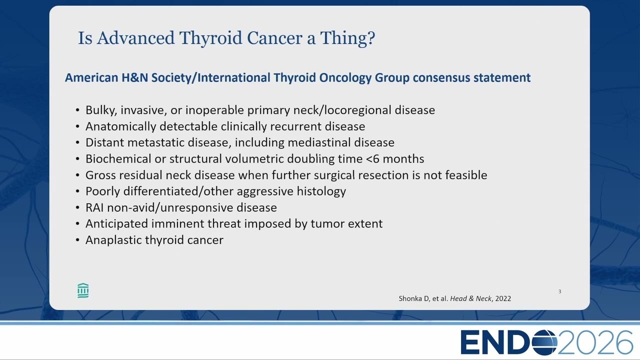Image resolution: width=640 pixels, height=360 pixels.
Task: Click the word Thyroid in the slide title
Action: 211,38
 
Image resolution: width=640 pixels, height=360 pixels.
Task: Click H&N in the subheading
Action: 135,77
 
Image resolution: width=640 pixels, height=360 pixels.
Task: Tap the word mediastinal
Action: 319,142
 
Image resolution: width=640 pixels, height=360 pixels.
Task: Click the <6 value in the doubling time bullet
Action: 373,159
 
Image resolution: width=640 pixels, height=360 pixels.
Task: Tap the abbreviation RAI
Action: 94,207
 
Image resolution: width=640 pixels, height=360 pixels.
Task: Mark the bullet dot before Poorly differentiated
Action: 77,191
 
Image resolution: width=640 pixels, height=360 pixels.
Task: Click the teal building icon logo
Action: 83,291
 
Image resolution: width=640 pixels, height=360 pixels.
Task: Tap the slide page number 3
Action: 559,291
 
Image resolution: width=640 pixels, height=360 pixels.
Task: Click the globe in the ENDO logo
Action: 544,342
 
